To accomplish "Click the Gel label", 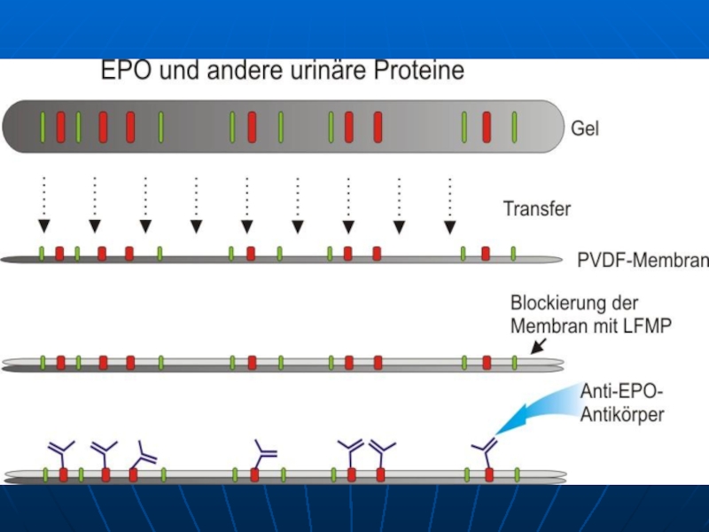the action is tap(585, 129).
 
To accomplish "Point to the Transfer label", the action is tap(537, 209).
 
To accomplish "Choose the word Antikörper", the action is tap(622, 414).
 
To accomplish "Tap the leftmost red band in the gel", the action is tap(60, 126).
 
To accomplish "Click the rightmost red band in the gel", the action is tap(487, 126).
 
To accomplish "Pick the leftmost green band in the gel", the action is tap(43, 126).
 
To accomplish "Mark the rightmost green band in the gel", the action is tap(514, 126).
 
